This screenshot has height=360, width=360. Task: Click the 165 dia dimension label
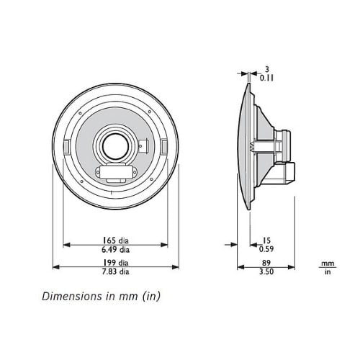116,240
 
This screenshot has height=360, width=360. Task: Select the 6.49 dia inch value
116,250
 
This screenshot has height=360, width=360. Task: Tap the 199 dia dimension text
116,263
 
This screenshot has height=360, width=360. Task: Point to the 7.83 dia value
116,271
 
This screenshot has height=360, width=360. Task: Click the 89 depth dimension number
266,263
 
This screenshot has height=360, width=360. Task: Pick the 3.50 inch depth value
266,271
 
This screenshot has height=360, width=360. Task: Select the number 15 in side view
266,240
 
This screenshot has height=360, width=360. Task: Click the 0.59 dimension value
266,249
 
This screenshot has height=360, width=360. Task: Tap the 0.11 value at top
266,78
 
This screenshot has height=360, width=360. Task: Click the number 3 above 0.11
267,69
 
